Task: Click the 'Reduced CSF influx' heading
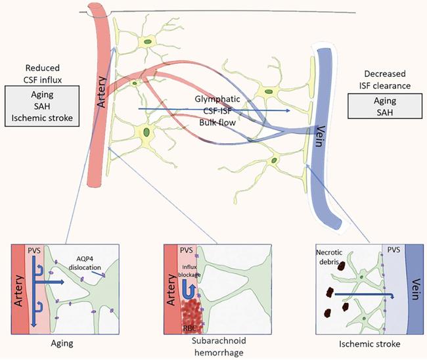(42, 74)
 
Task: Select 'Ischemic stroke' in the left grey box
(42, 119)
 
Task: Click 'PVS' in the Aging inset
(34, 250)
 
